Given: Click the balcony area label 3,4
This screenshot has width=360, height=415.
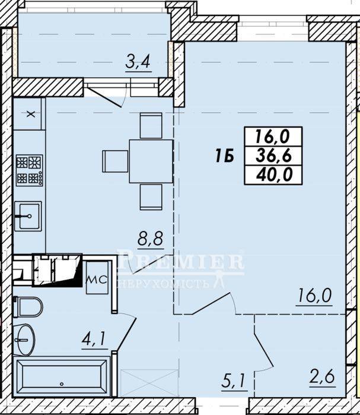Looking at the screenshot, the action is [x=138, y=62].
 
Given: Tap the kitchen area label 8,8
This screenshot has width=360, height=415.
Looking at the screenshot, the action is [x=151, y=239].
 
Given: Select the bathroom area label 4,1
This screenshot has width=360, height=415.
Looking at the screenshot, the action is [x=94, y=339].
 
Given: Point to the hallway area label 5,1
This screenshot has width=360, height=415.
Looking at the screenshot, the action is [x=234, y=381].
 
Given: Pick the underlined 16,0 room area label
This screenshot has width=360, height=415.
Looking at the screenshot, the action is [x=314, y=296].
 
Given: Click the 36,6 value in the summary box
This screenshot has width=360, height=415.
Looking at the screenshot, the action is [x=273, y=156].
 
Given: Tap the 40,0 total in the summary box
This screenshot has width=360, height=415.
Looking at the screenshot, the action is [x=274, y=175].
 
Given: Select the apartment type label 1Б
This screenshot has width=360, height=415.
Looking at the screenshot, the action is [x=224, y=156].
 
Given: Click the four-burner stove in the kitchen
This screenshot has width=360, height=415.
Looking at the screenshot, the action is [x=29, y=170].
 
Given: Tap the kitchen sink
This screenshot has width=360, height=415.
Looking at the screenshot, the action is [x=28, y=216].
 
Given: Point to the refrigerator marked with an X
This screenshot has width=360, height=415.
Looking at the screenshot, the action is [x=30, y=114].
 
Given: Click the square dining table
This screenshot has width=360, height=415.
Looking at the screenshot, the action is [x=151, y=161].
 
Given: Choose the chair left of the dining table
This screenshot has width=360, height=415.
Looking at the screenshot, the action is [x=115, y=161].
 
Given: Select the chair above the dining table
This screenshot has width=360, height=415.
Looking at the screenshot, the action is [x=151, y=125].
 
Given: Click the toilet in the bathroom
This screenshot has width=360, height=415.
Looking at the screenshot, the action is [x=28, y=307].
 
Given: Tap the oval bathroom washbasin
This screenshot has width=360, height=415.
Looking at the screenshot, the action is [x=24, y=340].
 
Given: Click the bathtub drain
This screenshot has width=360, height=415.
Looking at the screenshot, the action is [x=62, y=384].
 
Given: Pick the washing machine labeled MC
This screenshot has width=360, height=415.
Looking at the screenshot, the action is [x=97, y=278].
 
